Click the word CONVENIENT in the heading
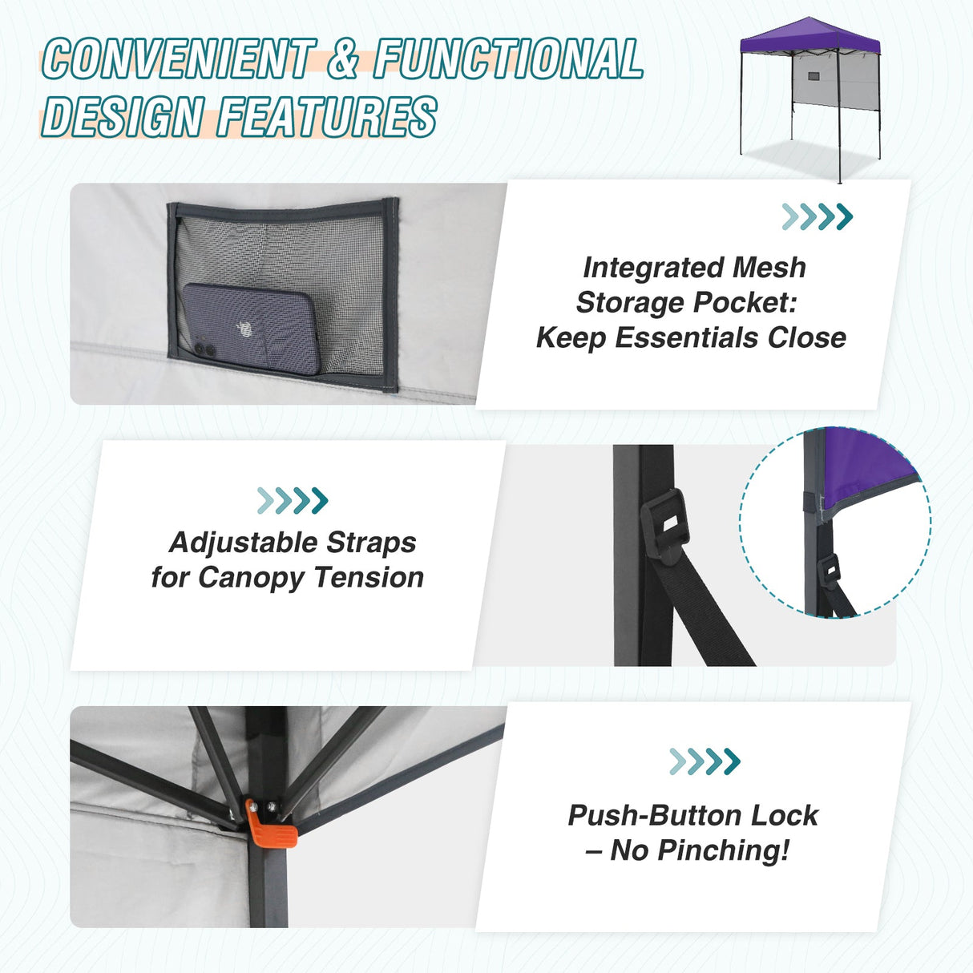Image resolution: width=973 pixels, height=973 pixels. point(177,59)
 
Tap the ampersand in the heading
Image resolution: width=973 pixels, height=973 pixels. point(343,59)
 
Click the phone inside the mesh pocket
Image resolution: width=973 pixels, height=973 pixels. point(250,327)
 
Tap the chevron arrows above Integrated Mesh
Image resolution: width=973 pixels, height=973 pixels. point(817,216)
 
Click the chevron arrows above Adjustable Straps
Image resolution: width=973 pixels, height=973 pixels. point(293,500)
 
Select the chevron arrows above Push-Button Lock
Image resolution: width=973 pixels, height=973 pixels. point(705,761)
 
